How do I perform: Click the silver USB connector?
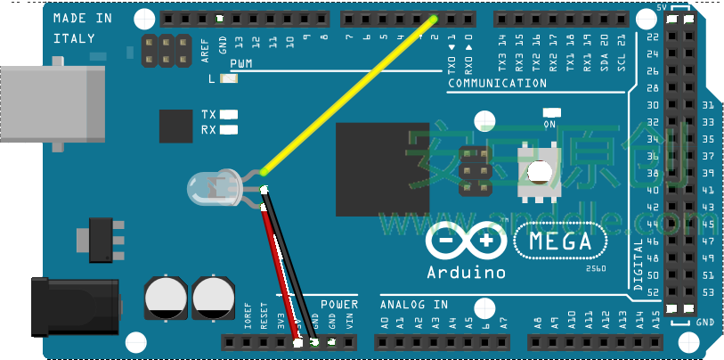(x=49, y=102)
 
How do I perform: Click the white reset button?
(x=538, y=173)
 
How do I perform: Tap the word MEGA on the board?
(x=560, y=241)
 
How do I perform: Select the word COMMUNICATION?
(x=497, y=84)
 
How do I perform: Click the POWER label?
(x=338, y=304)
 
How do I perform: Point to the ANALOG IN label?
(x=414, y=304)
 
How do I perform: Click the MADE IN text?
(x=83, y=19)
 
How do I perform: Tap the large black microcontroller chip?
(x=388, y=168)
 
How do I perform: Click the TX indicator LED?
(x=229, y=114)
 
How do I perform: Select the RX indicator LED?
(x=229, y=130)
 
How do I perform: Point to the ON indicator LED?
(x=549, y=112)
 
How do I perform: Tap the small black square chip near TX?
(x=175, y=126)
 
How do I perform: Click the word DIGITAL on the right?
(x=639, y=265)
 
